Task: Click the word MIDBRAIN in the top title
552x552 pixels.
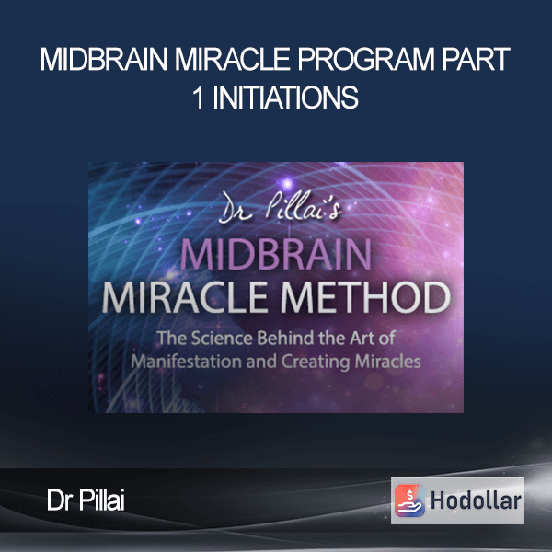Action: click(x=104, y=59)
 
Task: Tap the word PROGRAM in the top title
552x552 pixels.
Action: click(x=366, y=59)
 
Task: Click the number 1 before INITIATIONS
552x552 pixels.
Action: click(x=199, y=98)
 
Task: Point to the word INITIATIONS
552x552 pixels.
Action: click(x=285, y=98)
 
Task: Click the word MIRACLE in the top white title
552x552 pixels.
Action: click(x=233, y=59)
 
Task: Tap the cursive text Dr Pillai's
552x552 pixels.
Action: click(x=280, y=208)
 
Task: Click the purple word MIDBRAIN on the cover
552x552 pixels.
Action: click(x=276, y=254)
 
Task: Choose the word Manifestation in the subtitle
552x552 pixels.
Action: click(x=187, y=362)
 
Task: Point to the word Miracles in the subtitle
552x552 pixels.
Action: click(x=387, y=362)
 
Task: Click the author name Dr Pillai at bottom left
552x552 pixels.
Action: click(x=86, y=500)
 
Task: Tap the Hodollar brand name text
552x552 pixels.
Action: click(x=476, y=500)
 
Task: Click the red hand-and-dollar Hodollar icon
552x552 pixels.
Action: click(x=409, y=500)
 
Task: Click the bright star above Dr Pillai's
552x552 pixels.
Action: click(x=287, y=183)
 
